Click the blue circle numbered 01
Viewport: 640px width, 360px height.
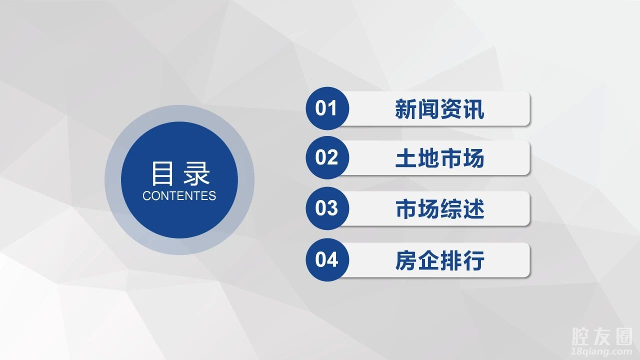click(x=327, y=108)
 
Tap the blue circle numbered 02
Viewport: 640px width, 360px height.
click(x=327, y=157)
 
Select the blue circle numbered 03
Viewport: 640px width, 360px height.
click(x=327, y=208)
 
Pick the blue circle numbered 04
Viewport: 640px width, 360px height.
click(x=327, y=259)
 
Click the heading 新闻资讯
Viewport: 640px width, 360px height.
click(x=439, y=109)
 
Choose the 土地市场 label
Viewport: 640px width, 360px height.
click(x=439, y=158)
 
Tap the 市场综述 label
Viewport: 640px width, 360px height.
click(x=439, y=209)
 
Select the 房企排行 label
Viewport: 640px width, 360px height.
click(x=439, y=260)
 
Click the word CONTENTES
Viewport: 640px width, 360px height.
click(x=179, y=195)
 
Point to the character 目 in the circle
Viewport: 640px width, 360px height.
click(x=162, y=173)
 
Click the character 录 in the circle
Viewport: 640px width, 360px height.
click(x=196, y=173)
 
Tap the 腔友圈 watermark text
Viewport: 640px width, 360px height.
click(x=602, y=336)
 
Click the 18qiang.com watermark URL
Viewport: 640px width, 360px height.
click(x=601, y=351)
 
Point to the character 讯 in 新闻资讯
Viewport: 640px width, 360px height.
click(x=473, y=109)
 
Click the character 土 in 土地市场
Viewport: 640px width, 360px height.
click(x=405, y=158)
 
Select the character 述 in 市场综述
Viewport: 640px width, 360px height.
click(x=473, y=209)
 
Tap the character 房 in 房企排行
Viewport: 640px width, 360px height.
click(x=405, y=260)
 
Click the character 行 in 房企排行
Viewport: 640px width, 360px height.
click(x=473, y=260)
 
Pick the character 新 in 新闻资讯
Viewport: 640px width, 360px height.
click(x=405, y=109)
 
